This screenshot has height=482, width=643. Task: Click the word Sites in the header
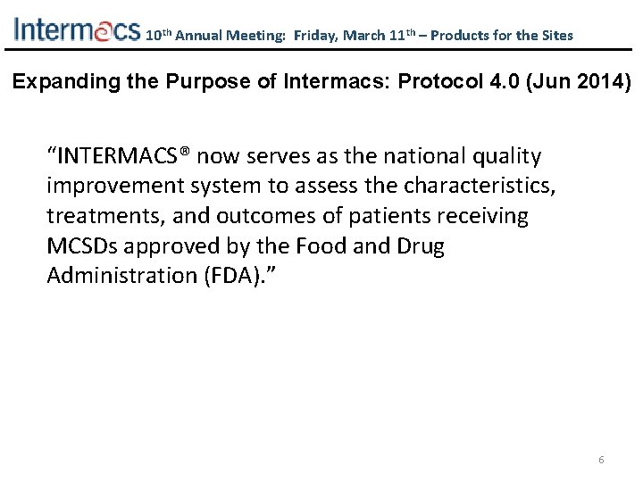point(555,36)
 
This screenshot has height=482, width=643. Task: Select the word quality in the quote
point(511,157)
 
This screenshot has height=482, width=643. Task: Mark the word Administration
point(113,275)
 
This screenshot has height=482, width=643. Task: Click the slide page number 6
point(601,460)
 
